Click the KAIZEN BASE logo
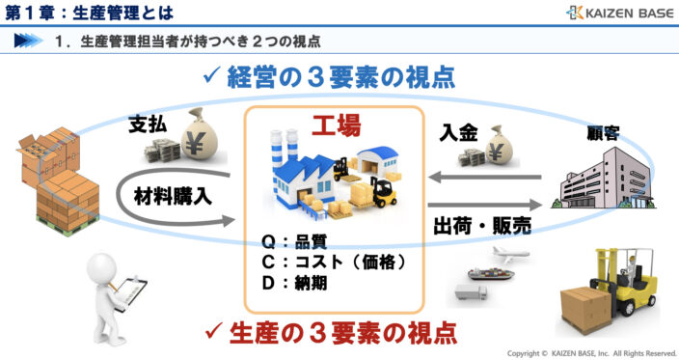(619, 13)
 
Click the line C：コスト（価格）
(334, 263)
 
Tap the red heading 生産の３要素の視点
(339, 333)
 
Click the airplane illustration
(509, 257)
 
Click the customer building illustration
(598, 180)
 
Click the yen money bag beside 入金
(502, 145)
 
